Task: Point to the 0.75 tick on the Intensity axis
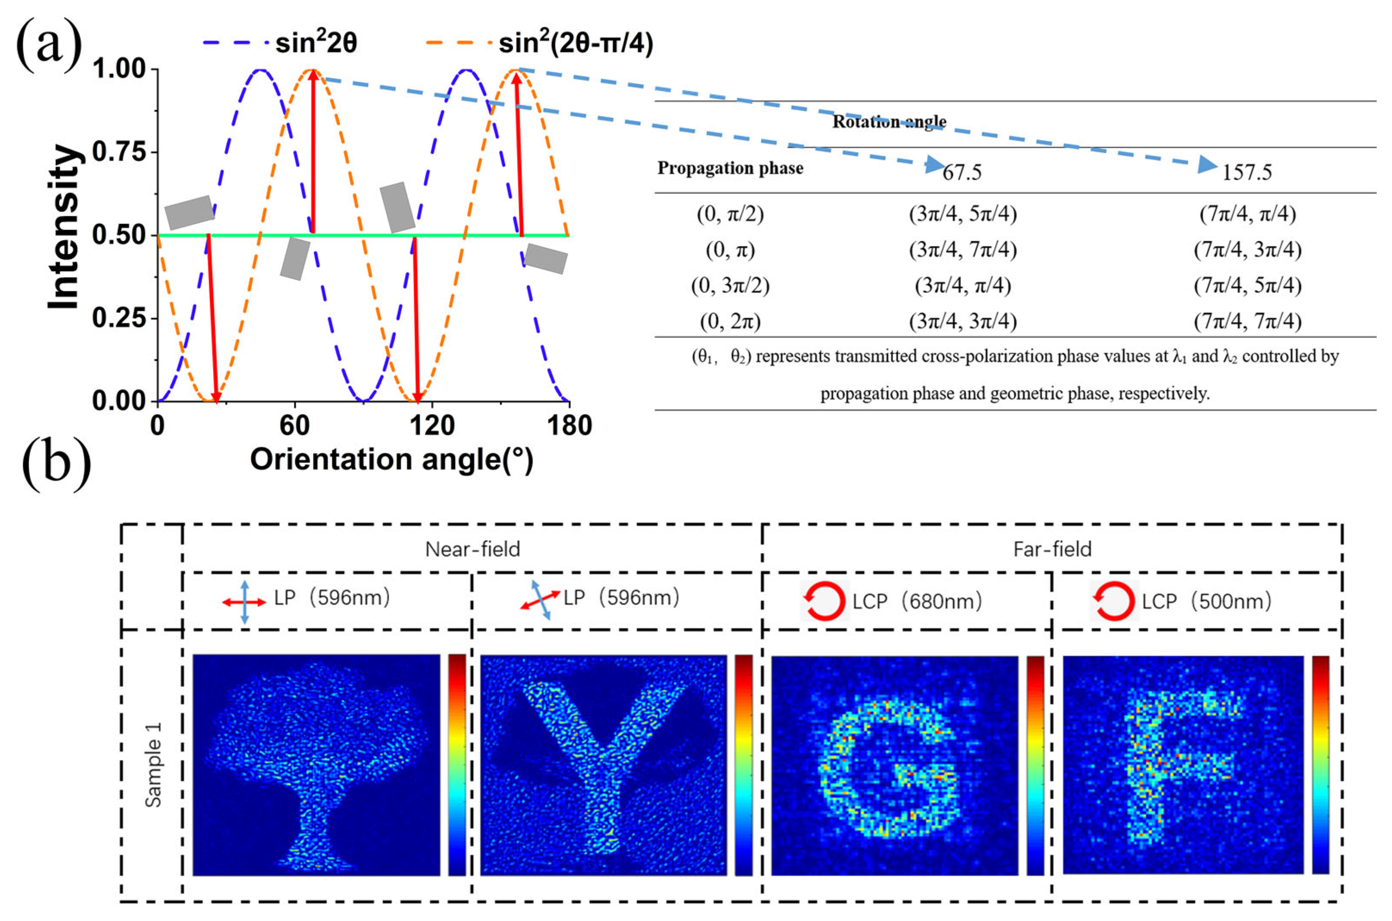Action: [119, 152]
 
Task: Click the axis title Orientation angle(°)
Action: [392, 459]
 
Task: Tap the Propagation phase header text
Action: [730, 168]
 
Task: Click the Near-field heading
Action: [472, 549]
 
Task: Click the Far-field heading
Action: [1052, 549]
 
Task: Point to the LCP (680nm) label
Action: [917, 602]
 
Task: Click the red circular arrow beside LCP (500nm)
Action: [1113, 602]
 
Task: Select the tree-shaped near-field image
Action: [316, 765]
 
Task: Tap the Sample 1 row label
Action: [153, 765]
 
